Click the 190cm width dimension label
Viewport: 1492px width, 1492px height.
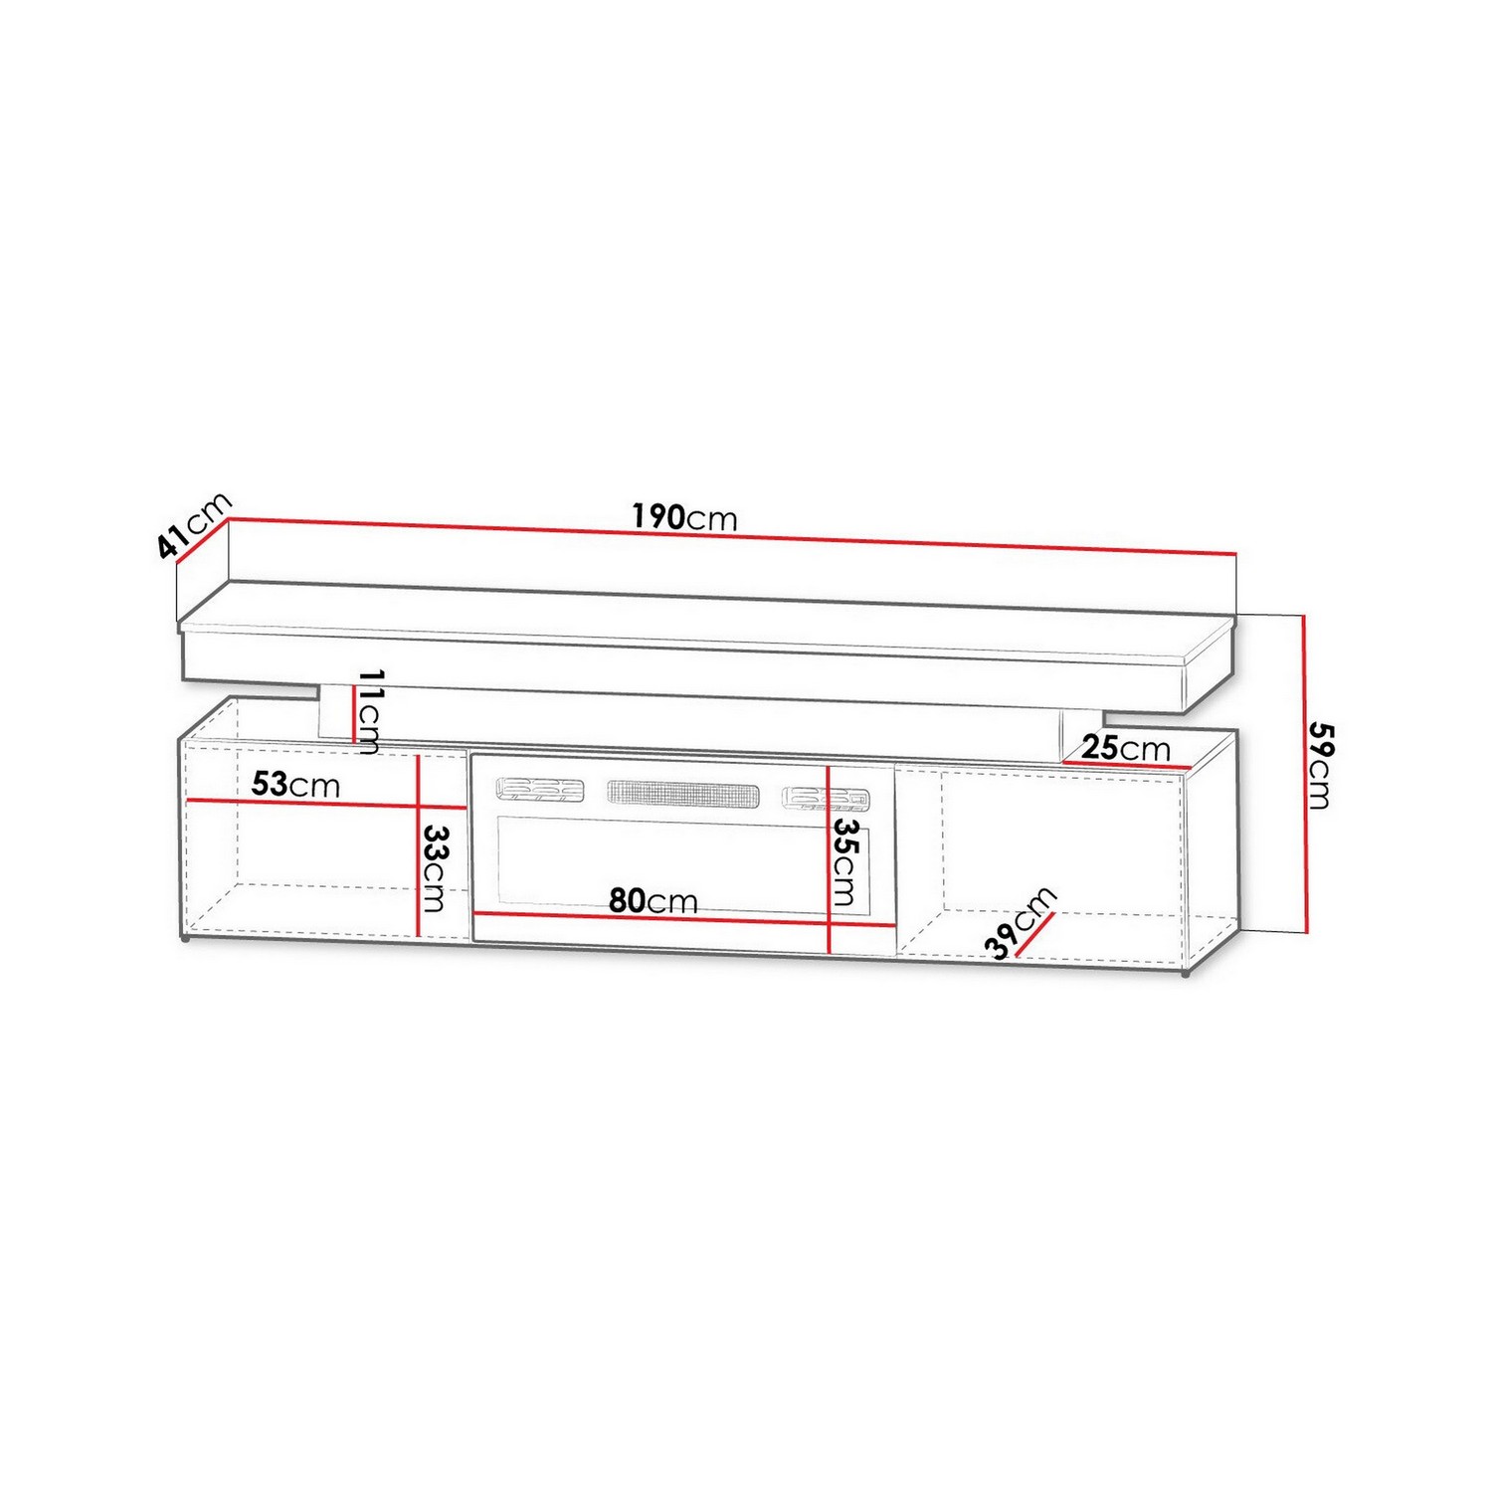(x=684, y=517)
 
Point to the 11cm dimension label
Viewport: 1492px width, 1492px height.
(x=369, y=711)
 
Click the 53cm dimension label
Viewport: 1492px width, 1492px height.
(x=295, y=784)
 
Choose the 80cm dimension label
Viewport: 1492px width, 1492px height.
(x=653, y=901)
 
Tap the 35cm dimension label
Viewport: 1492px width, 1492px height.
(x=844, y=861)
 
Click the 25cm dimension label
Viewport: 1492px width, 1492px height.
(x=1126, y=747)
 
